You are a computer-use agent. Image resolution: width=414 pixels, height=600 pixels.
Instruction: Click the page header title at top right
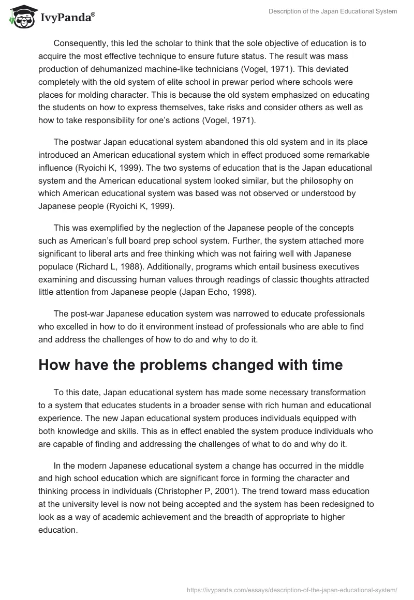click(x=333, y=11)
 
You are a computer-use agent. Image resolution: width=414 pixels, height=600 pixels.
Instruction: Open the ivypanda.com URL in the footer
click(x=288, y=589)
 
